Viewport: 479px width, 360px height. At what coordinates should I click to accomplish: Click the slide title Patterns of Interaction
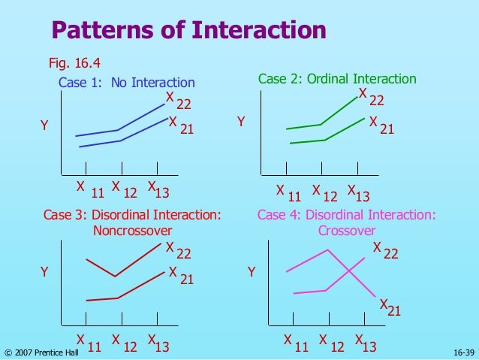click(x=188, y=31)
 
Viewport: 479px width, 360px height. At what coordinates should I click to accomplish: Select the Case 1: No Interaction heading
click(x=126, y=83)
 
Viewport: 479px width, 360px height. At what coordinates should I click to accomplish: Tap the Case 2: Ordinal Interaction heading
click(x=336, y=79)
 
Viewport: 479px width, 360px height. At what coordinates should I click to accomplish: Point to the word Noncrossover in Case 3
click(x=132, y=231)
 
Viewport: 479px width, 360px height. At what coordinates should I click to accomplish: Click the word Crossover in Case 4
click(x=346, y=231)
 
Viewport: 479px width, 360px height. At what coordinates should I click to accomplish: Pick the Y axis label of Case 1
click(x=44, y=128)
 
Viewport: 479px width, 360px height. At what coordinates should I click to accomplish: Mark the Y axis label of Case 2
click(x=241, y=121)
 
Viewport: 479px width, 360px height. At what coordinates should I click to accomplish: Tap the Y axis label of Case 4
click(x=252, y=272)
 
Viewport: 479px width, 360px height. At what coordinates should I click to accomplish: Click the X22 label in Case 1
click(x=179, y=101)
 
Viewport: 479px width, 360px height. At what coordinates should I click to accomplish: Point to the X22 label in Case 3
click(x=179, y=250)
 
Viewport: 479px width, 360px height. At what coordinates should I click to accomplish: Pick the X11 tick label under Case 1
click(x=89, y=189)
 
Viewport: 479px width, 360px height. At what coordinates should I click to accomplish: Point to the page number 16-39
click(x=464, y=352)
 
